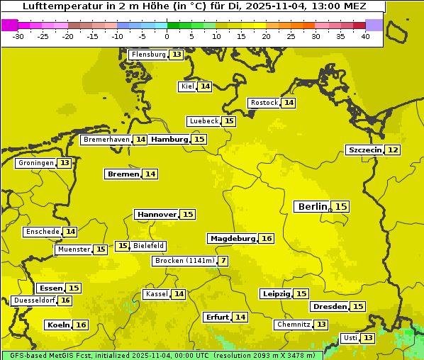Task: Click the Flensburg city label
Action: pyautogui.click(x=148, y=55)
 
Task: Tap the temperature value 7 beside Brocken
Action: pyautogui.click(x=223, y=261)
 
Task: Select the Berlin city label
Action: pyautogui.click(x=312, y=206)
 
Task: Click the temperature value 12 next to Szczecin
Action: pyautogui.click(x=392, y=150)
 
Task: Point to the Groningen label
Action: pyautogui.click(x=35, y=163)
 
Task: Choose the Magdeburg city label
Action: pyautogui.click(x=232, y=238)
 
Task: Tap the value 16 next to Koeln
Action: pyautogui.click(x=81, y=325)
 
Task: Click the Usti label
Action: pyautogui.click(x=350, y=338)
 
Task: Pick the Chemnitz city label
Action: pyautogui.click(x=293, y=325)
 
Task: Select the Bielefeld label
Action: pyautogui.click(x=149, y=246)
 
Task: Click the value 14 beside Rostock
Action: pyautogui.click(x=288, y=103)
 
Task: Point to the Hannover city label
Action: pyautogui.click(x=156, y=214)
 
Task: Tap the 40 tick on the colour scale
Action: pyautogui.click(x=365, y=35)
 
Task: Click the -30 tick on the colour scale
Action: pyautogui.click(x=18, y=35)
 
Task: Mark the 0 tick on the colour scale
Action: pyautogui.click(x=167, y=35)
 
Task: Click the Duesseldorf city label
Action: pyautogui.click(x=33, y=300)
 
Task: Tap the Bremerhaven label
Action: pyautogui.click(x=106, y=140)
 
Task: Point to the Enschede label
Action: pyautogui.click(x=41, y=232)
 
